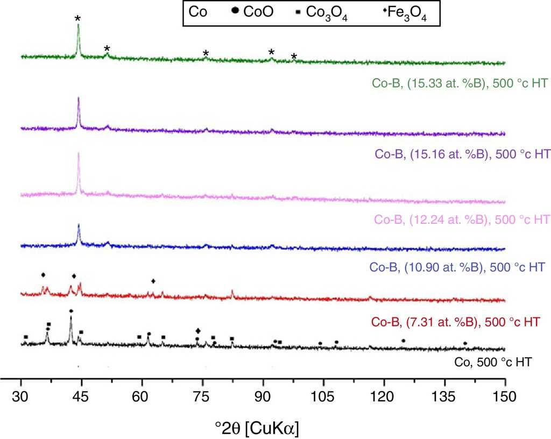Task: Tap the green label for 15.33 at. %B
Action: point(458,83)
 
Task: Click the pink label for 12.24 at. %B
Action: point(458,219)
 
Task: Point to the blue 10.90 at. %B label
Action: point(458,267)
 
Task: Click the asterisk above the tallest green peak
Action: point(77,19)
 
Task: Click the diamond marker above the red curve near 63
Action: point(153,281)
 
